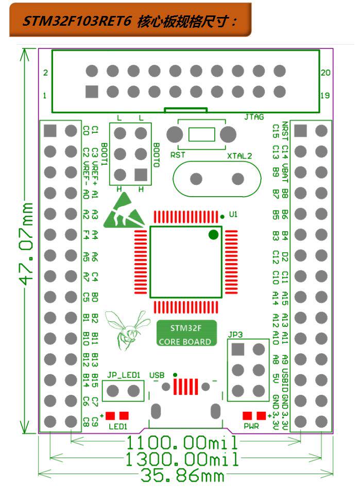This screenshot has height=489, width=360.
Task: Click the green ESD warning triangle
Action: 125,215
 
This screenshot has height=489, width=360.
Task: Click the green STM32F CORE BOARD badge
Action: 185,335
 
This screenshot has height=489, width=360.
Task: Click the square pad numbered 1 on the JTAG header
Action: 92,92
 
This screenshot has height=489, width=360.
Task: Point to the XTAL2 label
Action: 239,155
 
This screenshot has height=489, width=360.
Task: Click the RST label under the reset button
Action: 177,153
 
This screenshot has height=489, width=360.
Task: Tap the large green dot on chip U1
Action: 213,235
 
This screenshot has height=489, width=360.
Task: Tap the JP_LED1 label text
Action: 124,375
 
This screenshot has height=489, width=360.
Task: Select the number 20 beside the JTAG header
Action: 325,73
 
